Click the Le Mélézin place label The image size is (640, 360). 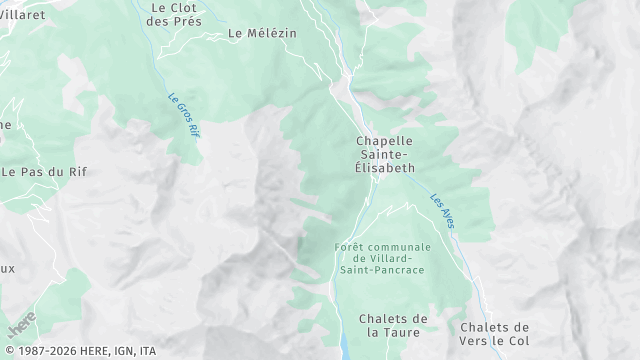[263, 33]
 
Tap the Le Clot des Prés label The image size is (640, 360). [173, 13]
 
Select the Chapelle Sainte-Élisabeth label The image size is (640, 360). [385, 154]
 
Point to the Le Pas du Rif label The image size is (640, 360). [44, 171]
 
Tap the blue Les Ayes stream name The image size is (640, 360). [442, 211]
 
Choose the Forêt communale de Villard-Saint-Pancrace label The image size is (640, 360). [383, 258]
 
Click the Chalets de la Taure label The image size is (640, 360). [393, 325]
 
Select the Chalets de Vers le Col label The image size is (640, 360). [494, 334]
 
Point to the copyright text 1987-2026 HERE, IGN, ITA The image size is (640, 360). [79, 351]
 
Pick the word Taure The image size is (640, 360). [407, 332]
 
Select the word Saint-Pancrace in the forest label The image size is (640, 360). [383, 270]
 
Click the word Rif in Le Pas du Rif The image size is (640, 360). [76, 171]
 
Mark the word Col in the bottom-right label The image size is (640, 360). [518, 341]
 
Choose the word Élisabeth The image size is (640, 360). [385, 168]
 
